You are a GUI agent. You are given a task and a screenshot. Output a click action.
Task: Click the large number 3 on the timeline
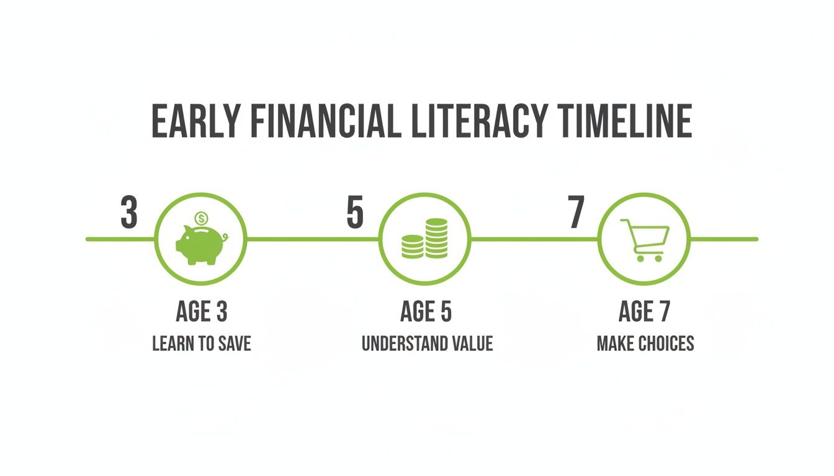pyautogui.click(x=128, y=213)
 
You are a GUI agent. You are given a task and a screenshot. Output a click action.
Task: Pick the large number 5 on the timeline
pyautogui.click(x=354, y=213)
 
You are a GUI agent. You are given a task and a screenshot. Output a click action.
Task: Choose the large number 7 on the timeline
pyautogui.click(x=576, y=213)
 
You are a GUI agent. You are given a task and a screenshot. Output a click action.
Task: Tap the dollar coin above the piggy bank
pyautogui.click(x=201, y=218)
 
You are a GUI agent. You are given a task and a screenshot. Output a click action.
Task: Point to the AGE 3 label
pyautogui.click(x=202, y=312)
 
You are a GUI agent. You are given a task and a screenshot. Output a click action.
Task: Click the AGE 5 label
pyautogui.click(x=426, y=312)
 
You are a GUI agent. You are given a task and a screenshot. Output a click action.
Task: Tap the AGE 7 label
pyautogui.click(x=645, y=312)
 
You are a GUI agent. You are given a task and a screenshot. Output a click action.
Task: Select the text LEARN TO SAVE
pyautogui.click(x=202, y=343)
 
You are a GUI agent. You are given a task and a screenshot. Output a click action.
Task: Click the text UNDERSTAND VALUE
pyautogui.click(x=428, y=343)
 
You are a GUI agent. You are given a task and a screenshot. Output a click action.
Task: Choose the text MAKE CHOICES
pyautogui.click(x=645, y=343)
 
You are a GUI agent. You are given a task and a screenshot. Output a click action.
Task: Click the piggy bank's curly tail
pyautogui.click(x=225, y=236)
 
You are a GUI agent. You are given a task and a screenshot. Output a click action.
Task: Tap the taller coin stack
pyautogui.click(x=436, y=238)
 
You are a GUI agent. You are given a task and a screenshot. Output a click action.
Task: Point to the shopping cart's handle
pyautogui.click(x=625, y=222)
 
